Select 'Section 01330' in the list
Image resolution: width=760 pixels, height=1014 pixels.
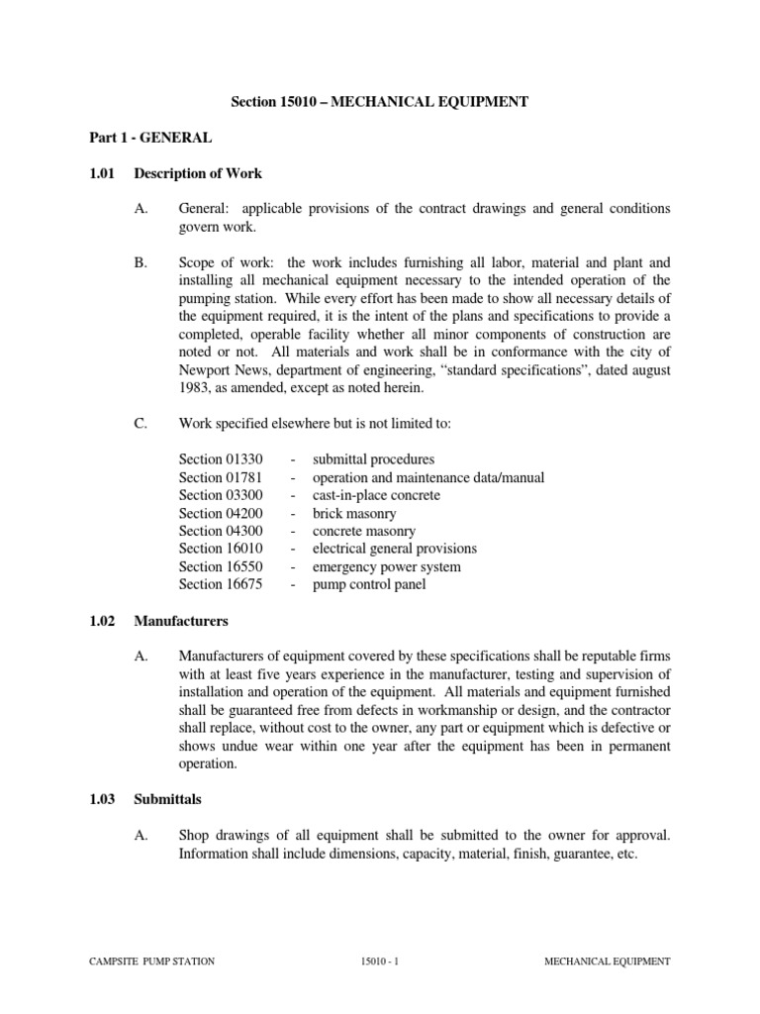pos(221,459)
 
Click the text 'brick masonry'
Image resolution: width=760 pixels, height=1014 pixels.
pos(354,513)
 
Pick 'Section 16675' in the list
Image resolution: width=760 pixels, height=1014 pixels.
pos(221,584)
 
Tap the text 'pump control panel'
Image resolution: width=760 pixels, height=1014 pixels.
pos(370,584)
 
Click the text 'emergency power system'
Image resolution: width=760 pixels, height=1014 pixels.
pos(386,566)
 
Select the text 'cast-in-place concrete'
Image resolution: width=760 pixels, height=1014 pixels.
pos(376,495)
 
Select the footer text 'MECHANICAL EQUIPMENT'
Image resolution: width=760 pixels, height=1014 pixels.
pos(609,961)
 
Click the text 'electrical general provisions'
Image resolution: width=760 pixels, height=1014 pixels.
pos(394,549)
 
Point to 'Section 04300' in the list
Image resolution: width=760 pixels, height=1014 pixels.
pos(221,531)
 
